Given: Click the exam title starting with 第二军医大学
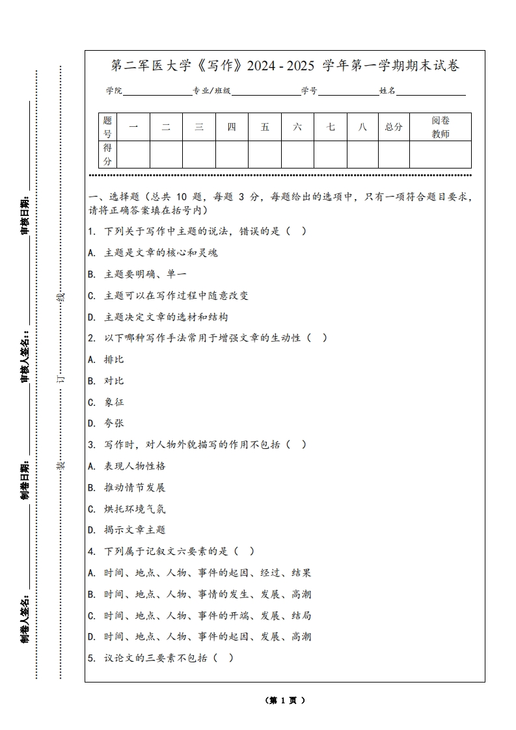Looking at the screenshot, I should point(285,66).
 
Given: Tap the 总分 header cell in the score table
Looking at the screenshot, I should point(394,127).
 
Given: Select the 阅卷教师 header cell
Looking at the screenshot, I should point(441,127).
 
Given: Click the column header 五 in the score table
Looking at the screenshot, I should point(265,127).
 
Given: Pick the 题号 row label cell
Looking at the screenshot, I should point(107,127).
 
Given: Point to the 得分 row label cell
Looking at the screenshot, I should point(107,154).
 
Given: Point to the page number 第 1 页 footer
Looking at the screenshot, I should point(286,700).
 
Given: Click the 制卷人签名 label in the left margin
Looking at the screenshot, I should point(25,618).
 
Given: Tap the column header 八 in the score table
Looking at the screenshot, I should point(362,127).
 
